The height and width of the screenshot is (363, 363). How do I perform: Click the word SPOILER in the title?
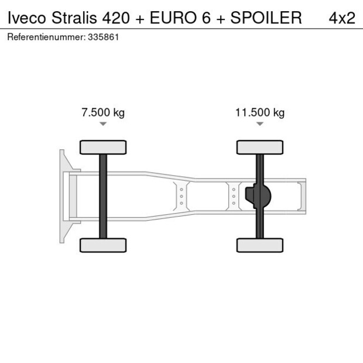pyautogui.click(x=266, y=18)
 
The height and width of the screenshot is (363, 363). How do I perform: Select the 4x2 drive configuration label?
pyautogui.click(x=342, y=18)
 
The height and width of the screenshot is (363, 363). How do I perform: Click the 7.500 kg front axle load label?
pyautogui.click(x=103, y=112)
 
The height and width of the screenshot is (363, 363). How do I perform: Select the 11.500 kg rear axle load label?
pyautogui.click(x=260, y=112)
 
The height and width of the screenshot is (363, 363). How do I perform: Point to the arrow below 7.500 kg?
pyautogui.click(x=103, y=124)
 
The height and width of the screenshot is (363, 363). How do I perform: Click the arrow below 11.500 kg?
pyautogui.click(x=260, y=124)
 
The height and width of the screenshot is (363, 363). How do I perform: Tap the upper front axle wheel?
pyautogui.click(x=103, y=148)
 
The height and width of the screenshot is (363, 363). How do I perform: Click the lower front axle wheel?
pyautogui.click(x=103, y=245)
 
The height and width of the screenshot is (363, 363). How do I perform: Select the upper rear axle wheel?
pyautogui.click(x=260, y=148)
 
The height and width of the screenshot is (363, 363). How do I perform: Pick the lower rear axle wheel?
pyautogui.click(x=260, y=245)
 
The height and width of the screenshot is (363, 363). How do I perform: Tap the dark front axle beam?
pyautogui.click(x=103, y=196)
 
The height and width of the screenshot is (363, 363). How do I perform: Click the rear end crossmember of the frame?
pyautogui.click(x=302, y=196)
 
